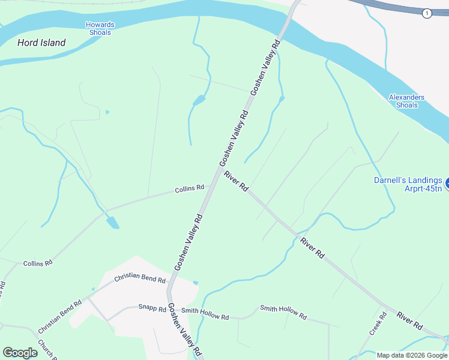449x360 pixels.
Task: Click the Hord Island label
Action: tap(41, 43)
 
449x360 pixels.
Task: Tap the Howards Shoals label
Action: tap(100, 29)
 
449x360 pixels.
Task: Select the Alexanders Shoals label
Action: tap(406, 101)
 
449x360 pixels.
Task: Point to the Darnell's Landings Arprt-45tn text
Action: tap(408, 184)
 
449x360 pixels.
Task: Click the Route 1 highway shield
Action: tap(427, 13)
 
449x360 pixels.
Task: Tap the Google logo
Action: tap(20, 352)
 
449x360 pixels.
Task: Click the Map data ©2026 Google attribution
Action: tap(412, 355)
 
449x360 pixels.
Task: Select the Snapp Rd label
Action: tap(152, 308)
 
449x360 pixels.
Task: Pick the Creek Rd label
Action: tap(378, 323)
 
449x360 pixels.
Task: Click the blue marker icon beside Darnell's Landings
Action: tap(447, 181)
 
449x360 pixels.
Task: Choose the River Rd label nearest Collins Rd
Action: tap(236, 181)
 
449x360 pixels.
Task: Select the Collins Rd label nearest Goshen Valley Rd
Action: tap(189, 189)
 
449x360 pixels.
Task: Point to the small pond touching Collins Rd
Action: tap(112, 223)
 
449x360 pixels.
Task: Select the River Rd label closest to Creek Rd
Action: tap(410, 320)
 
